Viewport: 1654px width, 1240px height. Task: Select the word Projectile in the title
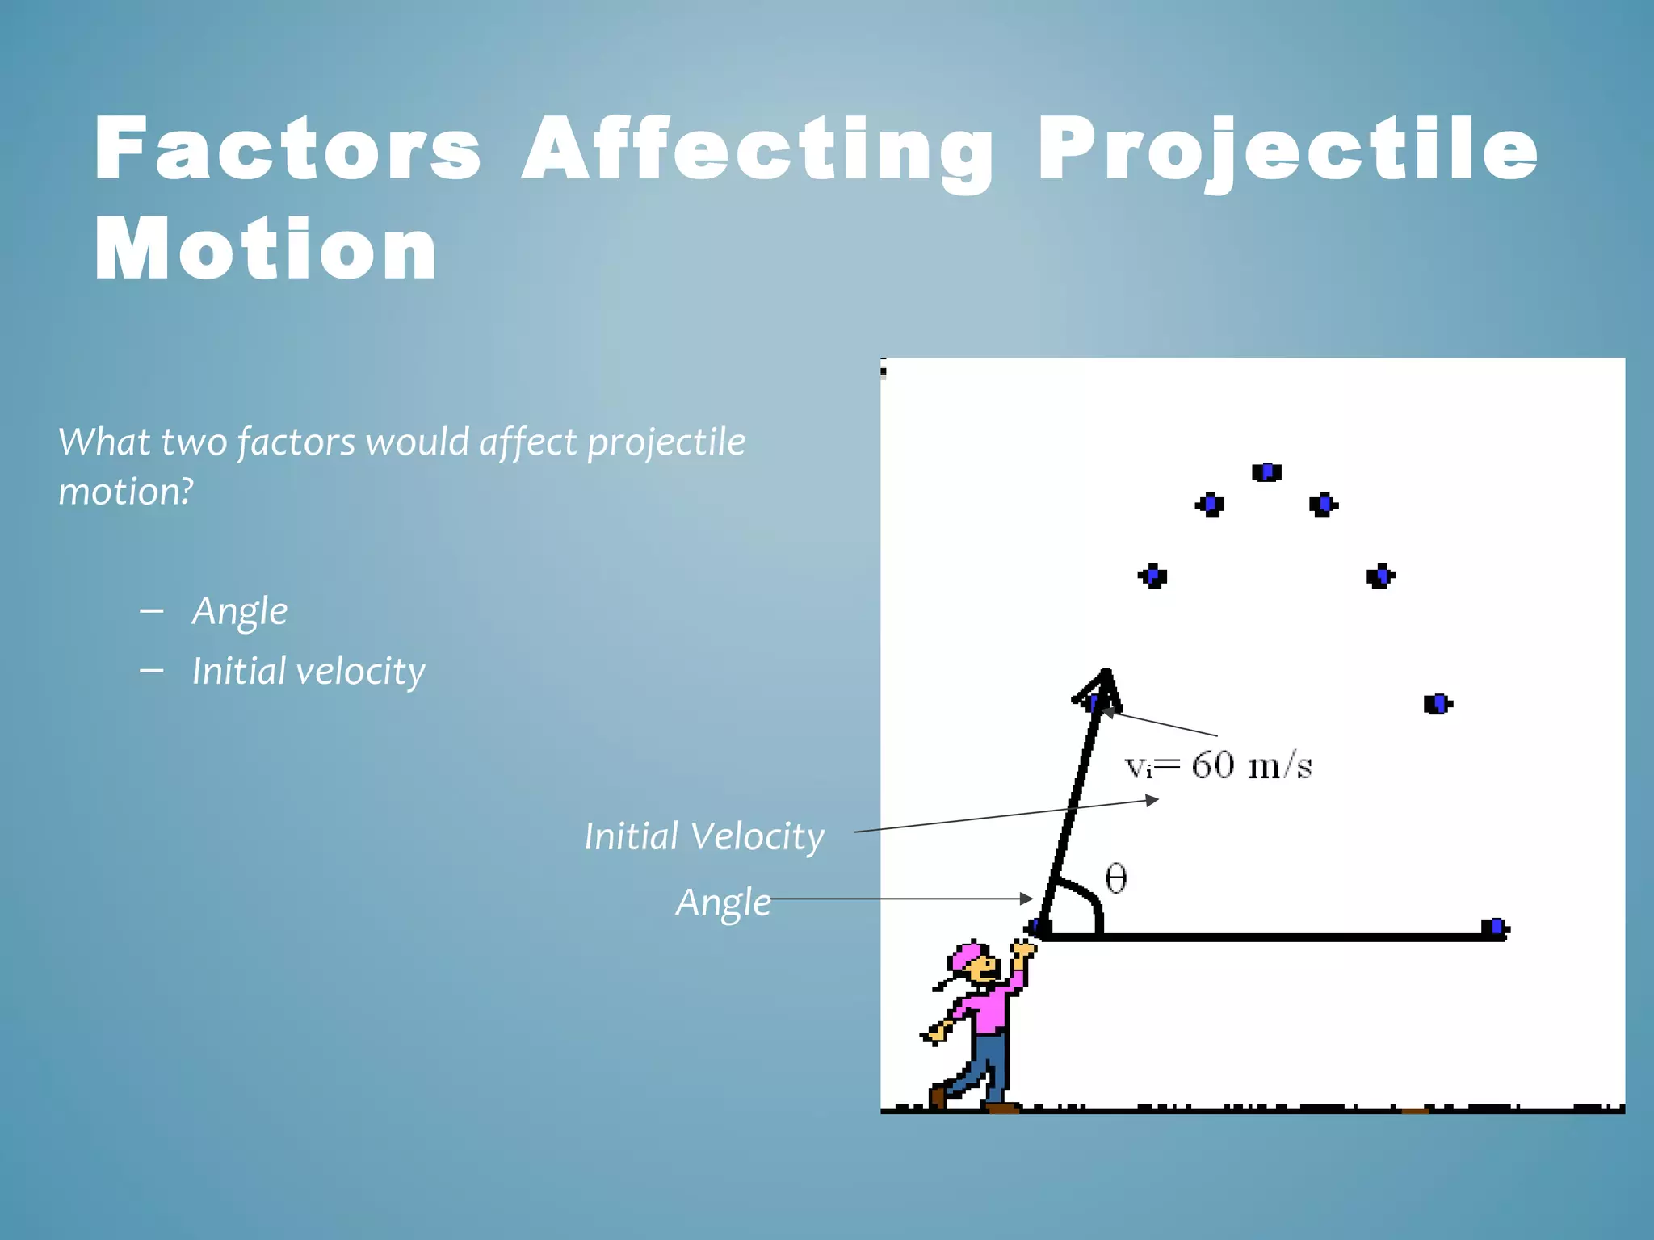[1287, 149]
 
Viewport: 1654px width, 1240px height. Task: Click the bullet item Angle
[239, 611]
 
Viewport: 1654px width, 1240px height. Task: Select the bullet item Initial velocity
[308, 671]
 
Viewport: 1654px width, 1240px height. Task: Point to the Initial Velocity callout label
[703, 836]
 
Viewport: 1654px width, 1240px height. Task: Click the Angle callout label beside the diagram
[722, 903]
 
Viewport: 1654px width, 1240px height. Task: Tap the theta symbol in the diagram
[1115, 878]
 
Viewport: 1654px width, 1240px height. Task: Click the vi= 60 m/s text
[1217, 765]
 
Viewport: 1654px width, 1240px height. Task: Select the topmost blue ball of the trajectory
[1266, 471]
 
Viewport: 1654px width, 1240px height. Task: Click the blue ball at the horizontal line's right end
[1495, 928]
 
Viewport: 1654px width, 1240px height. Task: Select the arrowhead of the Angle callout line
[1027, 899]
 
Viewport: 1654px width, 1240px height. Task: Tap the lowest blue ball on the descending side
[1437, 704]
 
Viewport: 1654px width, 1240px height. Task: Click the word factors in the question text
[296, 442]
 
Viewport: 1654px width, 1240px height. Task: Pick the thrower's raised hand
[1022, 951]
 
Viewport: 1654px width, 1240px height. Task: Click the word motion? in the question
[126, 492]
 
